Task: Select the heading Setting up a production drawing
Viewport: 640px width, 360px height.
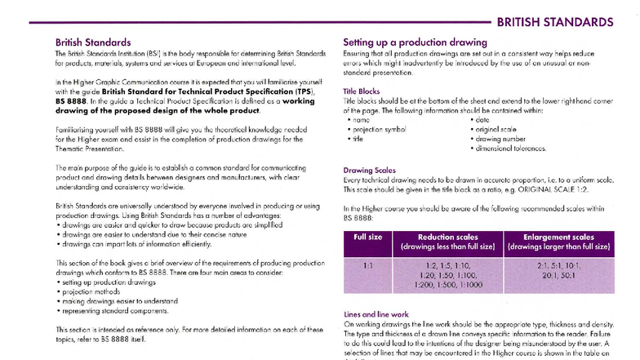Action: pyautogui.click(x=415, y=42)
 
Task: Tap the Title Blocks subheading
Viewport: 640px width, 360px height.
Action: pyautogui.click(x=361, y=91)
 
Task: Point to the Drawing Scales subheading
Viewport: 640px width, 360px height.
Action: pyautogui.click(x=369, y=171)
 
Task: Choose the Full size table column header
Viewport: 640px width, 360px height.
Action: pyautogui.click(x=367, y=237)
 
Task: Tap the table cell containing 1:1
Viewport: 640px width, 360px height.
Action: pyautogui.click(x=367, y=265)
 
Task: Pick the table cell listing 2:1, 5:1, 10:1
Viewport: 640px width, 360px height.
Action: pyautogui.click(x=559, y=270)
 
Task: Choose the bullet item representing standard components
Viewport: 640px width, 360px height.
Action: pyautogui.click(x=116, y=310)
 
